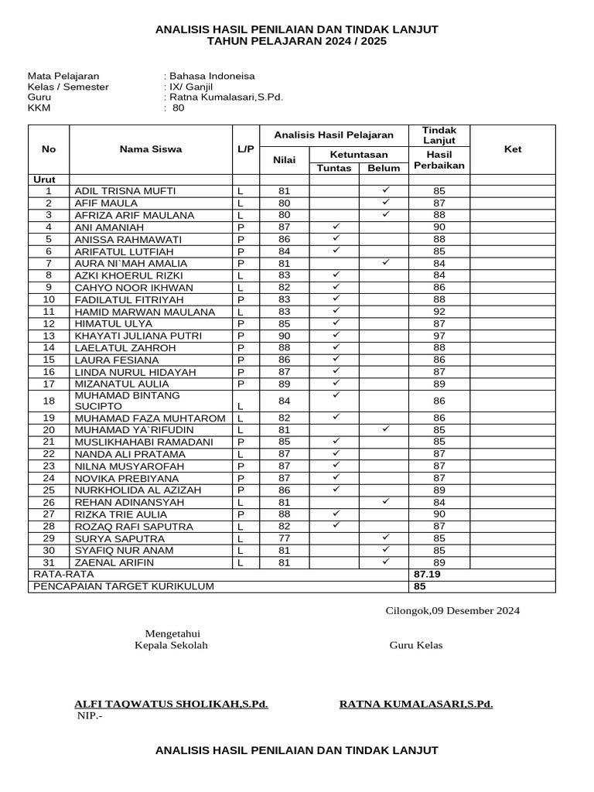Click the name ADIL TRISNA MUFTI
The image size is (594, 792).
(125, 191)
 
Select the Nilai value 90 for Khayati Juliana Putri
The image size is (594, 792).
(284, 336)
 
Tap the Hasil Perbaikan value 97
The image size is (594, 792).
(439, 336)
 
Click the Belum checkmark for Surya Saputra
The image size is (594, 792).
(384, 538)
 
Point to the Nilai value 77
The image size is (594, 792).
(284, 538)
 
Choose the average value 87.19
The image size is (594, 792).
(427, 575)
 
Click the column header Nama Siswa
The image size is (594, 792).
(151, 149)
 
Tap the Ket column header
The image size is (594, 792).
(513, 149)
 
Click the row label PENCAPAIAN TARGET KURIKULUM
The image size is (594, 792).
(123, 587)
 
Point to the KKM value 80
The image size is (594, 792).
(179, 109)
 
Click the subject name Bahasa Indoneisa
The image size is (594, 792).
(212, 77)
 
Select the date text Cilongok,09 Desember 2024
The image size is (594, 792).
(452, 611)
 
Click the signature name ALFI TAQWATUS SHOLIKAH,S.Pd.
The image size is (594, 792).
(171, 704)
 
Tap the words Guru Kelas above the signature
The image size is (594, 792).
(415, 646)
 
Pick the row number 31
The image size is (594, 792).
(49, 562)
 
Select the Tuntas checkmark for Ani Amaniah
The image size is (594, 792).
(336, 227)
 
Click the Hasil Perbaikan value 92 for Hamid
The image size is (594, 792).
(439, 312)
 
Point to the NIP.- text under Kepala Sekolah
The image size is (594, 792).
(89, 715)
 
